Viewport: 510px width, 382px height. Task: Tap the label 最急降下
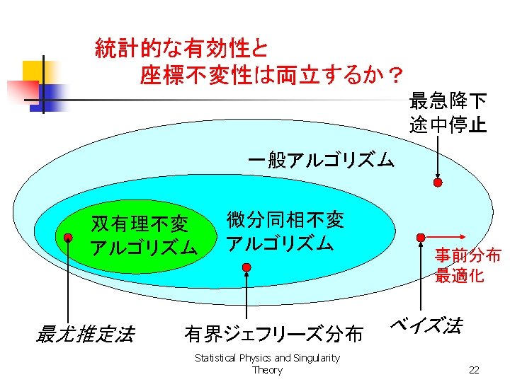tap(447, 101)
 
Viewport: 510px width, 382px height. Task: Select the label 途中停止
tap(447, 125)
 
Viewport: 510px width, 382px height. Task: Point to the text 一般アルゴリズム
tap(321, 161)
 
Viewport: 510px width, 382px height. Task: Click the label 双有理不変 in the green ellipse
tap(140, 224)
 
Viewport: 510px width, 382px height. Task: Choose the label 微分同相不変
tap(285, 220)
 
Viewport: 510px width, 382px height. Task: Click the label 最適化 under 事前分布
tap(459, 276)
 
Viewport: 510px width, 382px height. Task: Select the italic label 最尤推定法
tap(84, 333)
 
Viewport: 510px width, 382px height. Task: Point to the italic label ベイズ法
tap(426, 326)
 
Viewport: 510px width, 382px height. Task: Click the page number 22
tap(475, 369)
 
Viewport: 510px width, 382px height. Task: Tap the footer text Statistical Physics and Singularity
tap(267, 358)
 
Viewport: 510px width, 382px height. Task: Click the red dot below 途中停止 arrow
tap(438, 183)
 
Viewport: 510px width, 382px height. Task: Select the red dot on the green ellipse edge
tap(67, 238)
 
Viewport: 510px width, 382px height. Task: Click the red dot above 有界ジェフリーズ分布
tap(246, 267)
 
